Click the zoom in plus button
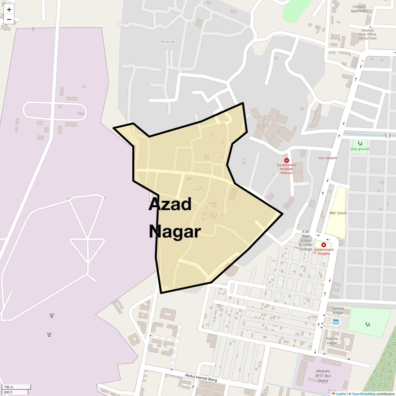point(9,10)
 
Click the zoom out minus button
point(9,19)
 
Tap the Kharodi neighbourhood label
point(168,42)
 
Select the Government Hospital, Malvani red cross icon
point(286,160)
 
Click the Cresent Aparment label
point(359,9)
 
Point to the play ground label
point(360,149)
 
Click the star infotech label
point(327,158)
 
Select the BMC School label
point(338,213)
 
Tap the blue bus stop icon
point(336,321)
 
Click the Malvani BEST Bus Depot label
point(323,376)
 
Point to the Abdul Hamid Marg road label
point(201,378)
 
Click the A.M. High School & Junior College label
point(306,241)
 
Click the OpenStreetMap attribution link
point(363,394)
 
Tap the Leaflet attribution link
point(341,394)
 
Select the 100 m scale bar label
point(9,387)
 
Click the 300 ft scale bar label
point(8,392)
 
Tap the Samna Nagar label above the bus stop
point(338,311)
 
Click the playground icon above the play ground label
point(360,144)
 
